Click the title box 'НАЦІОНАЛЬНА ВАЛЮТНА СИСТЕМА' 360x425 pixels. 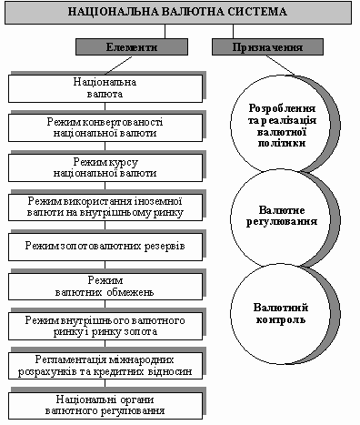(178, 13)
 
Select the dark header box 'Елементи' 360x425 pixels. (132, 47)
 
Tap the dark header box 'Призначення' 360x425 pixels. (267, 47)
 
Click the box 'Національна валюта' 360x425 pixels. (105, 88)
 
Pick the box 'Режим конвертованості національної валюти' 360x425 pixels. (105, 127)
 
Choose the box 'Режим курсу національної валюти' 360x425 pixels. (105, 167)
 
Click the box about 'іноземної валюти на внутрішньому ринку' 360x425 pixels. (105, 207)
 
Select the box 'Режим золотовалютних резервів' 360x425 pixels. (105, 247)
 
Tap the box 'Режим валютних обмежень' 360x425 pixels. (105, 287)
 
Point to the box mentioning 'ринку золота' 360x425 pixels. (105, 326)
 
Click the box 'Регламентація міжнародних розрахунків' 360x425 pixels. (105, 366)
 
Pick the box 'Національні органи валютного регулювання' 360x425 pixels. (105, 406)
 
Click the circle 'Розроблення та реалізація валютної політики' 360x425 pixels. (281, 125)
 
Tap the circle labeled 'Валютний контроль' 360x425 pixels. (281, 314)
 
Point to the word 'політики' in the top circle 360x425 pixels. (282, 143)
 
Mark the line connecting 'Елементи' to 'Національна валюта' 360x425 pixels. (118, 66)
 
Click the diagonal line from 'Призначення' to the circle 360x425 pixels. (280, 66)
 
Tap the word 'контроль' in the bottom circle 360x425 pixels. (281, 320)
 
